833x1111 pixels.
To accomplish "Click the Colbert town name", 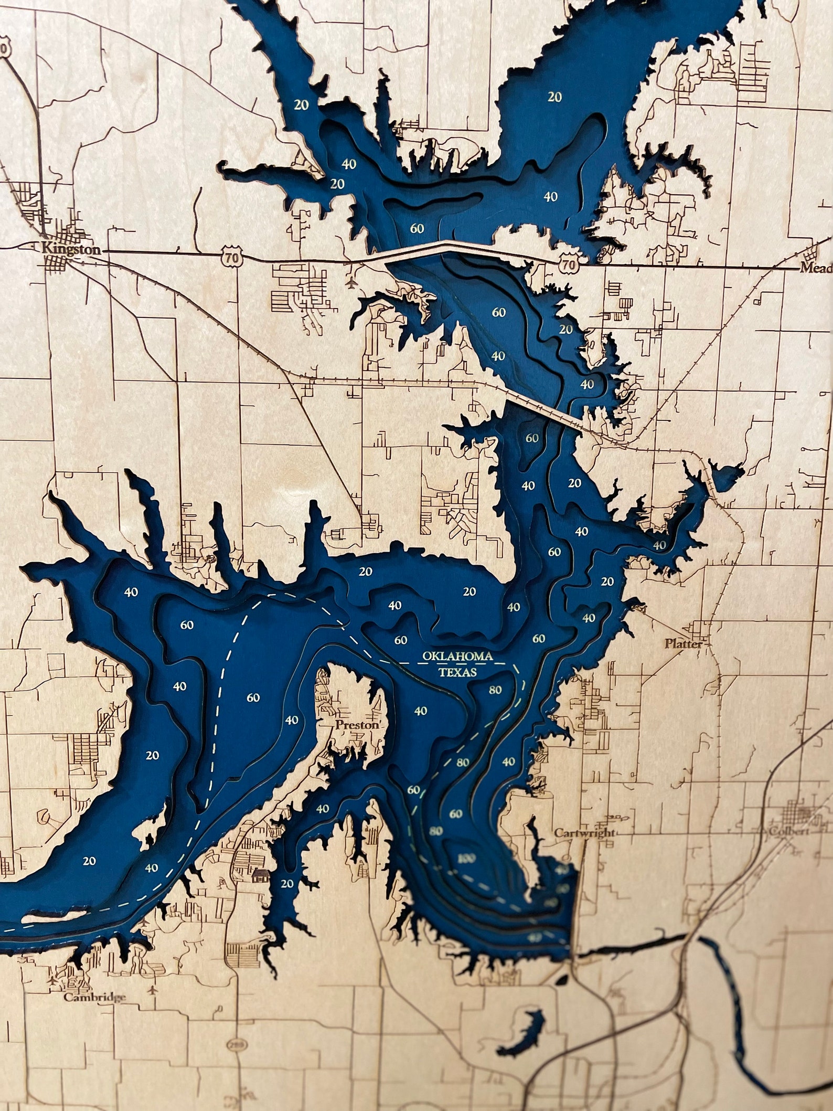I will (x=788, y=832).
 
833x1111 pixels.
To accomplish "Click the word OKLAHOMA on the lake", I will (x=457, y=656).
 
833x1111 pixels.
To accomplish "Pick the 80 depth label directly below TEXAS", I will (x=495, y=690).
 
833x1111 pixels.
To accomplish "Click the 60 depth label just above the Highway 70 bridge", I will (x=417, y=228).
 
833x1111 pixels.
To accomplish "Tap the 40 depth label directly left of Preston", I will (x=291, y=719).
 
